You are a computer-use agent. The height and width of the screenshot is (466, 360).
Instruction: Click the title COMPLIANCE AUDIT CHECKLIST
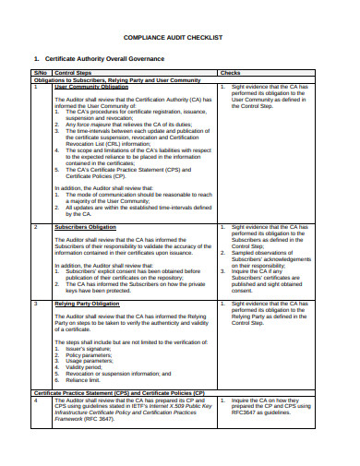point(179,38)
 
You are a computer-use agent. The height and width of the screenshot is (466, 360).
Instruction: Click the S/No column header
point(41,72)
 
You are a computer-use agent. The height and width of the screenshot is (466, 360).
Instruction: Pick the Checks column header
point(231,72)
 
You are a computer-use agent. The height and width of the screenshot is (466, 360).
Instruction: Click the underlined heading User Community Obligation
point(91,85)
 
